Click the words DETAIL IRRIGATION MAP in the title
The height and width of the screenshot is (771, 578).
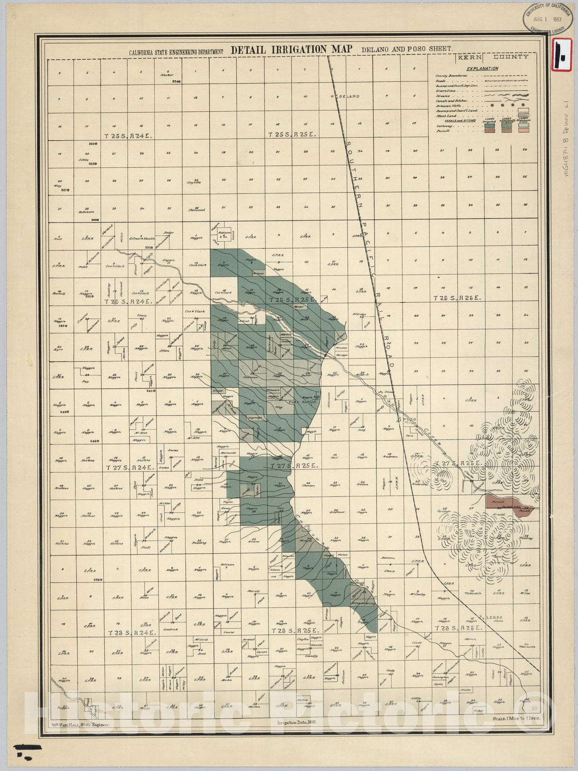(293, 50)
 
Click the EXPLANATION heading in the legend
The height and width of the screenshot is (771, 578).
(483, 68)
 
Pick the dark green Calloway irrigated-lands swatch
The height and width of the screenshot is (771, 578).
(489, 125)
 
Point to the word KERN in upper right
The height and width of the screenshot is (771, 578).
(468, 57)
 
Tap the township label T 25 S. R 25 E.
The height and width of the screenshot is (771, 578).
(292, 136)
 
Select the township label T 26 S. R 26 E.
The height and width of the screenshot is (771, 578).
(457, 298)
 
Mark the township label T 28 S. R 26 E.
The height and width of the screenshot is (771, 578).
(457, 628)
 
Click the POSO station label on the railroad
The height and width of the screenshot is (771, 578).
(409, 419)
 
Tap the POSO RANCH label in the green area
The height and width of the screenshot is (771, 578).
(302, 401)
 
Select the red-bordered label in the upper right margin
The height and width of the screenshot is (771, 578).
(564, 55)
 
